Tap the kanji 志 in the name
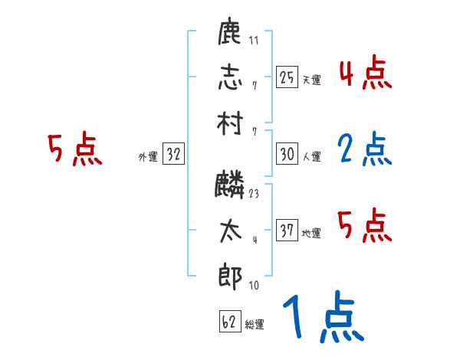pos(231,77)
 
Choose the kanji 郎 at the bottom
pos(231,275)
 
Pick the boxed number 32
pos(173,154)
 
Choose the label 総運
pos(255,324)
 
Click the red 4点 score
pos(365,74)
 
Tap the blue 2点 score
pos(365,150)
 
